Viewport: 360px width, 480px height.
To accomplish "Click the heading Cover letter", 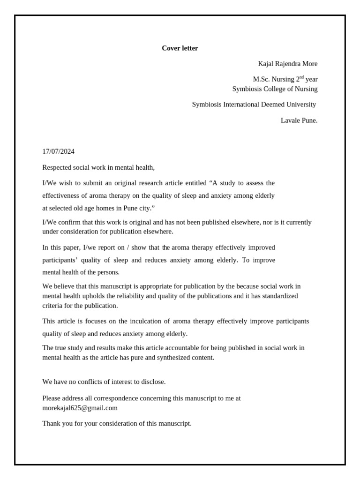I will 180,48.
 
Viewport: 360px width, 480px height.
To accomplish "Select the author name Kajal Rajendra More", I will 287,64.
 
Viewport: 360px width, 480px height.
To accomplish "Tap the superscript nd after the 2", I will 301,77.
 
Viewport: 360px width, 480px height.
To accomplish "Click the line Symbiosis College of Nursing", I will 275,89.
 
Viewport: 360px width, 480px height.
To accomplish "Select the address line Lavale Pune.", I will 299,120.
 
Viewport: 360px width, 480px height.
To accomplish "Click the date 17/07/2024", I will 59,151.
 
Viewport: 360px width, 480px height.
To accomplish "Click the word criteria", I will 53,306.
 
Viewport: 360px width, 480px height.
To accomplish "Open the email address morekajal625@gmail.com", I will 80,408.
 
